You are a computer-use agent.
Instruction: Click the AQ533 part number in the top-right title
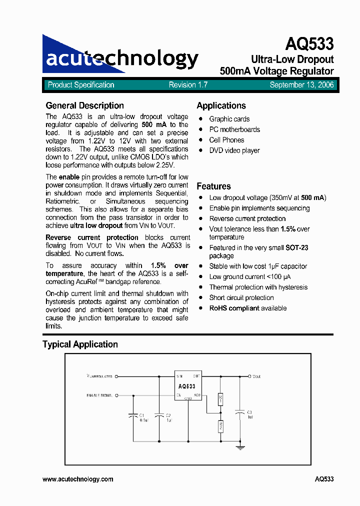pyautogui.click(x=309, y=44)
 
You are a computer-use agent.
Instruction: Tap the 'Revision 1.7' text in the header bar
pyautogui.click(x=188, y=85)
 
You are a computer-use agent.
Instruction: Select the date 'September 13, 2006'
pyautogui.click(x=301, y=85)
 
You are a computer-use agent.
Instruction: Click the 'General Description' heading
pyautogui.click(x=84, y=105)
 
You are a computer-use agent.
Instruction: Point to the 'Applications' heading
pyautogui.click(x=221, y=105)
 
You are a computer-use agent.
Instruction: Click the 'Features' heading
pyautogui.click(x=213, y=186)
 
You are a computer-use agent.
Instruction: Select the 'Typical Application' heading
pyautogui.click(x=80, y=344)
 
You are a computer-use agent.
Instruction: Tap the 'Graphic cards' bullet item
pyautogui.click(x=229, y=119)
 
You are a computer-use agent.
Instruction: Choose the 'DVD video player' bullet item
pyautogui.click(x=234, y=150)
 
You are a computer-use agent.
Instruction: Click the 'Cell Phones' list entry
pyautogui.click(x=226, y=140)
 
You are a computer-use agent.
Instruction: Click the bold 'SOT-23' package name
pyautogui.click(x=296, y=247)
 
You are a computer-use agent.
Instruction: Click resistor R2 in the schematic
pyautogui.click(x=220, y=426)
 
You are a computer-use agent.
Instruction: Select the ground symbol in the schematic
pyautogui.click(x=240, y=448)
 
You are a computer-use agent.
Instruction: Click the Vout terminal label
pyautogui.click(x=256, y=376)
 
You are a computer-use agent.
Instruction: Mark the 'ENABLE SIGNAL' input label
pyautogui.click(x=99, y=395)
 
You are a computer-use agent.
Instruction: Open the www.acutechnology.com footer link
pyautogui.click(x=78, y=479)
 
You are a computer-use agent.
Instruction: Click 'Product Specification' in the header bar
pyautogui.click(x=81, y=85)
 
